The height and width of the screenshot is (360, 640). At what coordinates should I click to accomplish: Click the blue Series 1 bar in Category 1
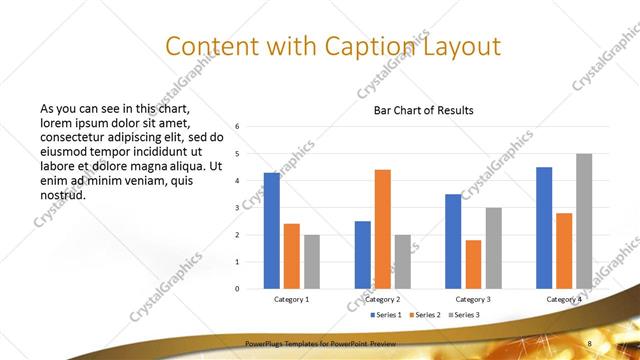pos(271,230)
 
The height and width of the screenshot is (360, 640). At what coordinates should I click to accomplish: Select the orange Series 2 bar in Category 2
pos(383,229)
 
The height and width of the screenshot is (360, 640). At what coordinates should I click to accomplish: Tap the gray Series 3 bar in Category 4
pos(584,221)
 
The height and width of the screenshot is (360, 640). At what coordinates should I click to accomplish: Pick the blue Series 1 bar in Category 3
pos(453,241)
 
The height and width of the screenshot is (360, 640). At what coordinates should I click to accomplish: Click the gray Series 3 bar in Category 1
pos(312,261)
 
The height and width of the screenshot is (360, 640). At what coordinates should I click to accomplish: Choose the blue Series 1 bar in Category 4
pos(544,227)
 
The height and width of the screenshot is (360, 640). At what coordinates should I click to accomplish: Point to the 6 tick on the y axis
pos(238,127)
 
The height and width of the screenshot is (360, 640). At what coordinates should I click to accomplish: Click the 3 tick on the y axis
pos(238,208)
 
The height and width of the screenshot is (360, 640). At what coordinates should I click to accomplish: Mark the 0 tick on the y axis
pos(238,289)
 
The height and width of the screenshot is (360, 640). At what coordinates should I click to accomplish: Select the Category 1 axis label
pos(291,299)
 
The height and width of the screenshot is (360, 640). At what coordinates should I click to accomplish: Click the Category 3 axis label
pos(473,299)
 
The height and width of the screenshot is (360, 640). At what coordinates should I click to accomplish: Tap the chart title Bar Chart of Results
pos(424,110)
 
